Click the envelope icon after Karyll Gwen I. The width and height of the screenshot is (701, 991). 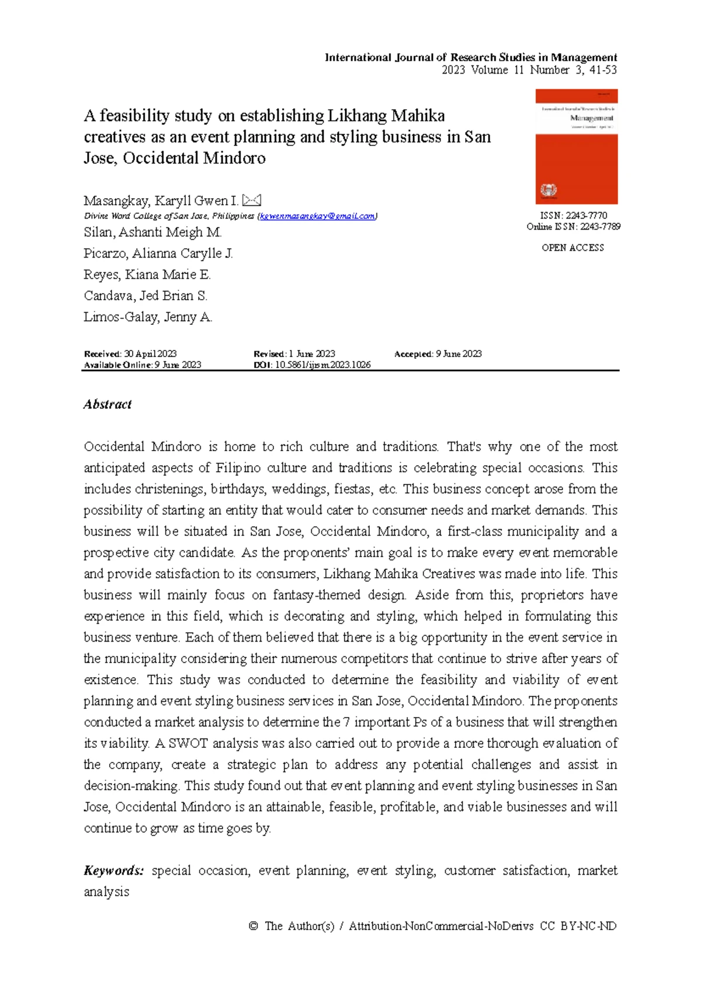[x=251, y=200]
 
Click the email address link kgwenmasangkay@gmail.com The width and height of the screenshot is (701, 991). [x=317, y=216]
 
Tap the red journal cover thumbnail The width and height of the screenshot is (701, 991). [x=576, y=146]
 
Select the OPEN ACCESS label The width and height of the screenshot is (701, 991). [x=572, y=248]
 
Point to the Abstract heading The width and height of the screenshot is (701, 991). [x=107, y=404]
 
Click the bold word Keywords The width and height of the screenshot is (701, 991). [x=113, y=871]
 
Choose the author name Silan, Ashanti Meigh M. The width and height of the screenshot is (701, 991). [x=152, y=233]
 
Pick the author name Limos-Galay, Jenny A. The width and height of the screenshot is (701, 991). [x=148, y=317]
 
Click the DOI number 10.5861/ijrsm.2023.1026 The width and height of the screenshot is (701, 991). [x=322, y=365]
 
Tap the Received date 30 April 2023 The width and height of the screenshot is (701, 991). [x=150, y=354]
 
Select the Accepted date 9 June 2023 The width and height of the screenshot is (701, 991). [x=459, y=354]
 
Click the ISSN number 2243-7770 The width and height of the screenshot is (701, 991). [x=587, y=216]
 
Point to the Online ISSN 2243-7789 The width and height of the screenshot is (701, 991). [x=600, y=227]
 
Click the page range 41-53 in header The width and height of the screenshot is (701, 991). [x=603, y=70]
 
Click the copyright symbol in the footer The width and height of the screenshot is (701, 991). [x=253, y=926]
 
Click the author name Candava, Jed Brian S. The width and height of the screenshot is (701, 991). [x=145, y=296]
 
